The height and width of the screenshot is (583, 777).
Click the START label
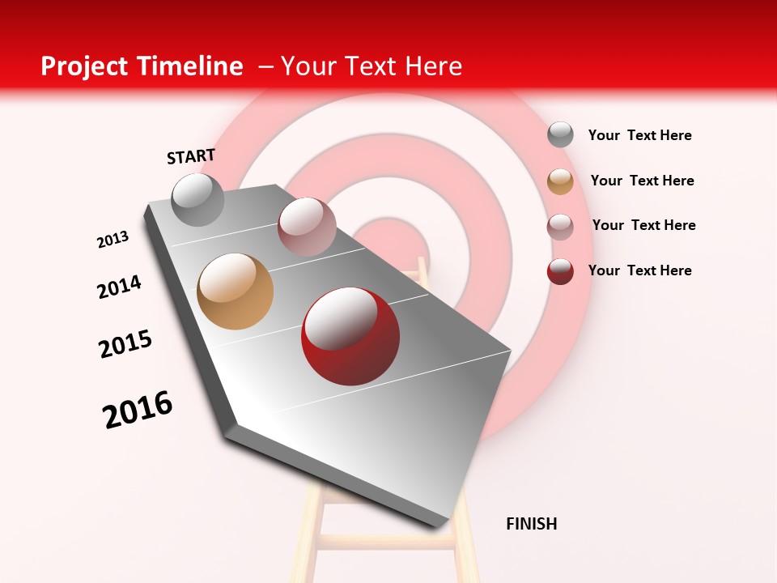pos(191,156)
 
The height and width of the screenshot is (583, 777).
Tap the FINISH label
pos(531,524)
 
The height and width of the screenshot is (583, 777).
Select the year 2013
pos(113,240)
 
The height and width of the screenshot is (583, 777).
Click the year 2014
pos(119,287)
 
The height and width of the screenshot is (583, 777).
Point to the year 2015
pos(125,343)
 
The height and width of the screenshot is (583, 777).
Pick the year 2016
pos(138,409)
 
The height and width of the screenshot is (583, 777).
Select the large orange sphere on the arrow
pos(235,291)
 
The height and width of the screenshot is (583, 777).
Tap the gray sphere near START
pos(197,199)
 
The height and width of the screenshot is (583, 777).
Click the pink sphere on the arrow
pos(307,227)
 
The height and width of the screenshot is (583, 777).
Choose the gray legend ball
pos(560,134)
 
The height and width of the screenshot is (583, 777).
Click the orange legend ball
pos(560,181)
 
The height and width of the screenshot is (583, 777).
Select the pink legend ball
pos(560,227)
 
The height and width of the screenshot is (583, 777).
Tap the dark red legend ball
pos(560,271)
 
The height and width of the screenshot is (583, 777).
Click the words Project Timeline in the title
pos(142,66)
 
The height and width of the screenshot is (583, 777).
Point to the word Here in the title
pos(433,66)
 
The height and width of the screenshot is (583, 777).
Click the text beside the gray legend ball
pos(639,135)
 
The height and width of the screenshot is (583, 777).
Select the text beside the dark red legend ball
pos(639,270)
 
